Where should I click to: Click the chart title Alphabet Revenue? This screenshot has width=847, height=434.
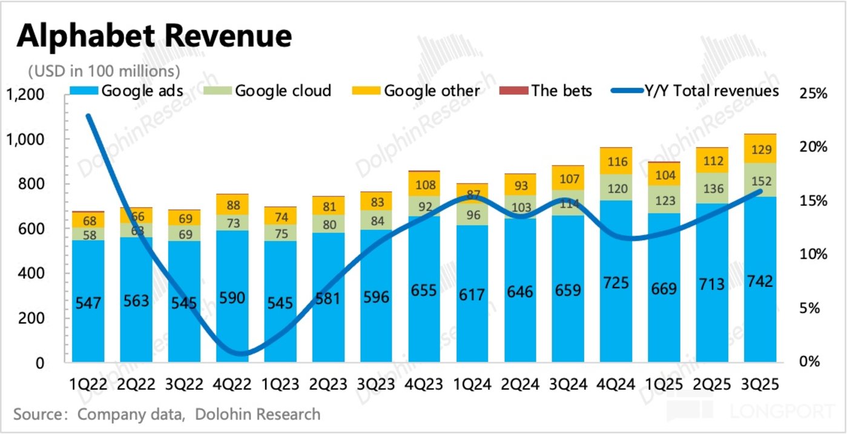click(x=154, y=36)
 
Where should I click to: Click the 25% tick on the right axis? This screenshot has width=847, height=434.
click(x=812, y=94)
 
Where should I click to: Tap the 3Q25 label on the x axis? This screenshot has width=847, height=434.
click(x=761, y=384)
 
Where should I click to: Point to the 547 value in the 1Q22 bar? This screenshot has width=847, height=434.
click(x=88, y=303)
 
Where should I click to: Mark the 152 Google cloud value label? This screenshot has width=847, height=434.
click(x=760, y=180)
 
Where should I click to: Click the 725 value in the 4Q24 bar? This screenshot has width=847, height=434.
click(x=616, y=283)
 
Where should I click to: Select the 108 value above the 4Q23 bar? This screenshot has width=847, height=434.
click(x=424, y=185)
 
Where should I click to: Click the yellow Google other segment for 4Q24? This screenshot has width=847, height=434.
click(x=616, y=161)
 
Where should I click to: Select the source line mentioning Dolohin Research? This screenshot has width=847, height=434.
click(x=166, y=415)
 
